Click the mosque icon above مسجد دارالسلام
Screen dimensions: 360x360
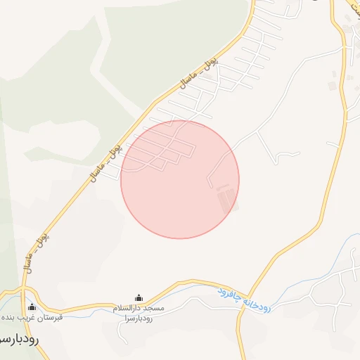pos(139,298)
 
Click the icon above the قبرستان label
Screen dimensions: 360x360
pos(32,307)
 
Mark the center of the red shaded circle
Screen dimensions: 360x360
pos(180,179)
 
